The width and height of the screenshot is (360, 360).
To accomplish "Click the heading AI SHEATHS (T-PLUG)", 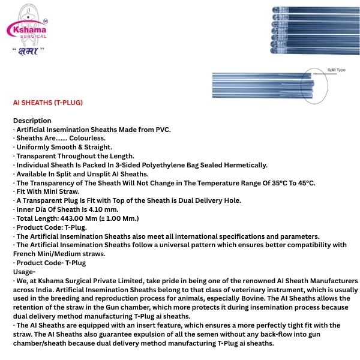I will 48,103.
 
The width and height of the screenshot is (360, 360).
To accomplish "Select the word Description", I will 32,121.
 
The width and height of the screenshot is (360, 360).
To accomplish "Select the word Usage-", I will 25,271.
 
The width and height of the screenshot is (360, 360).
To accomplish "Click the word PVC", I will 163,130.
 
